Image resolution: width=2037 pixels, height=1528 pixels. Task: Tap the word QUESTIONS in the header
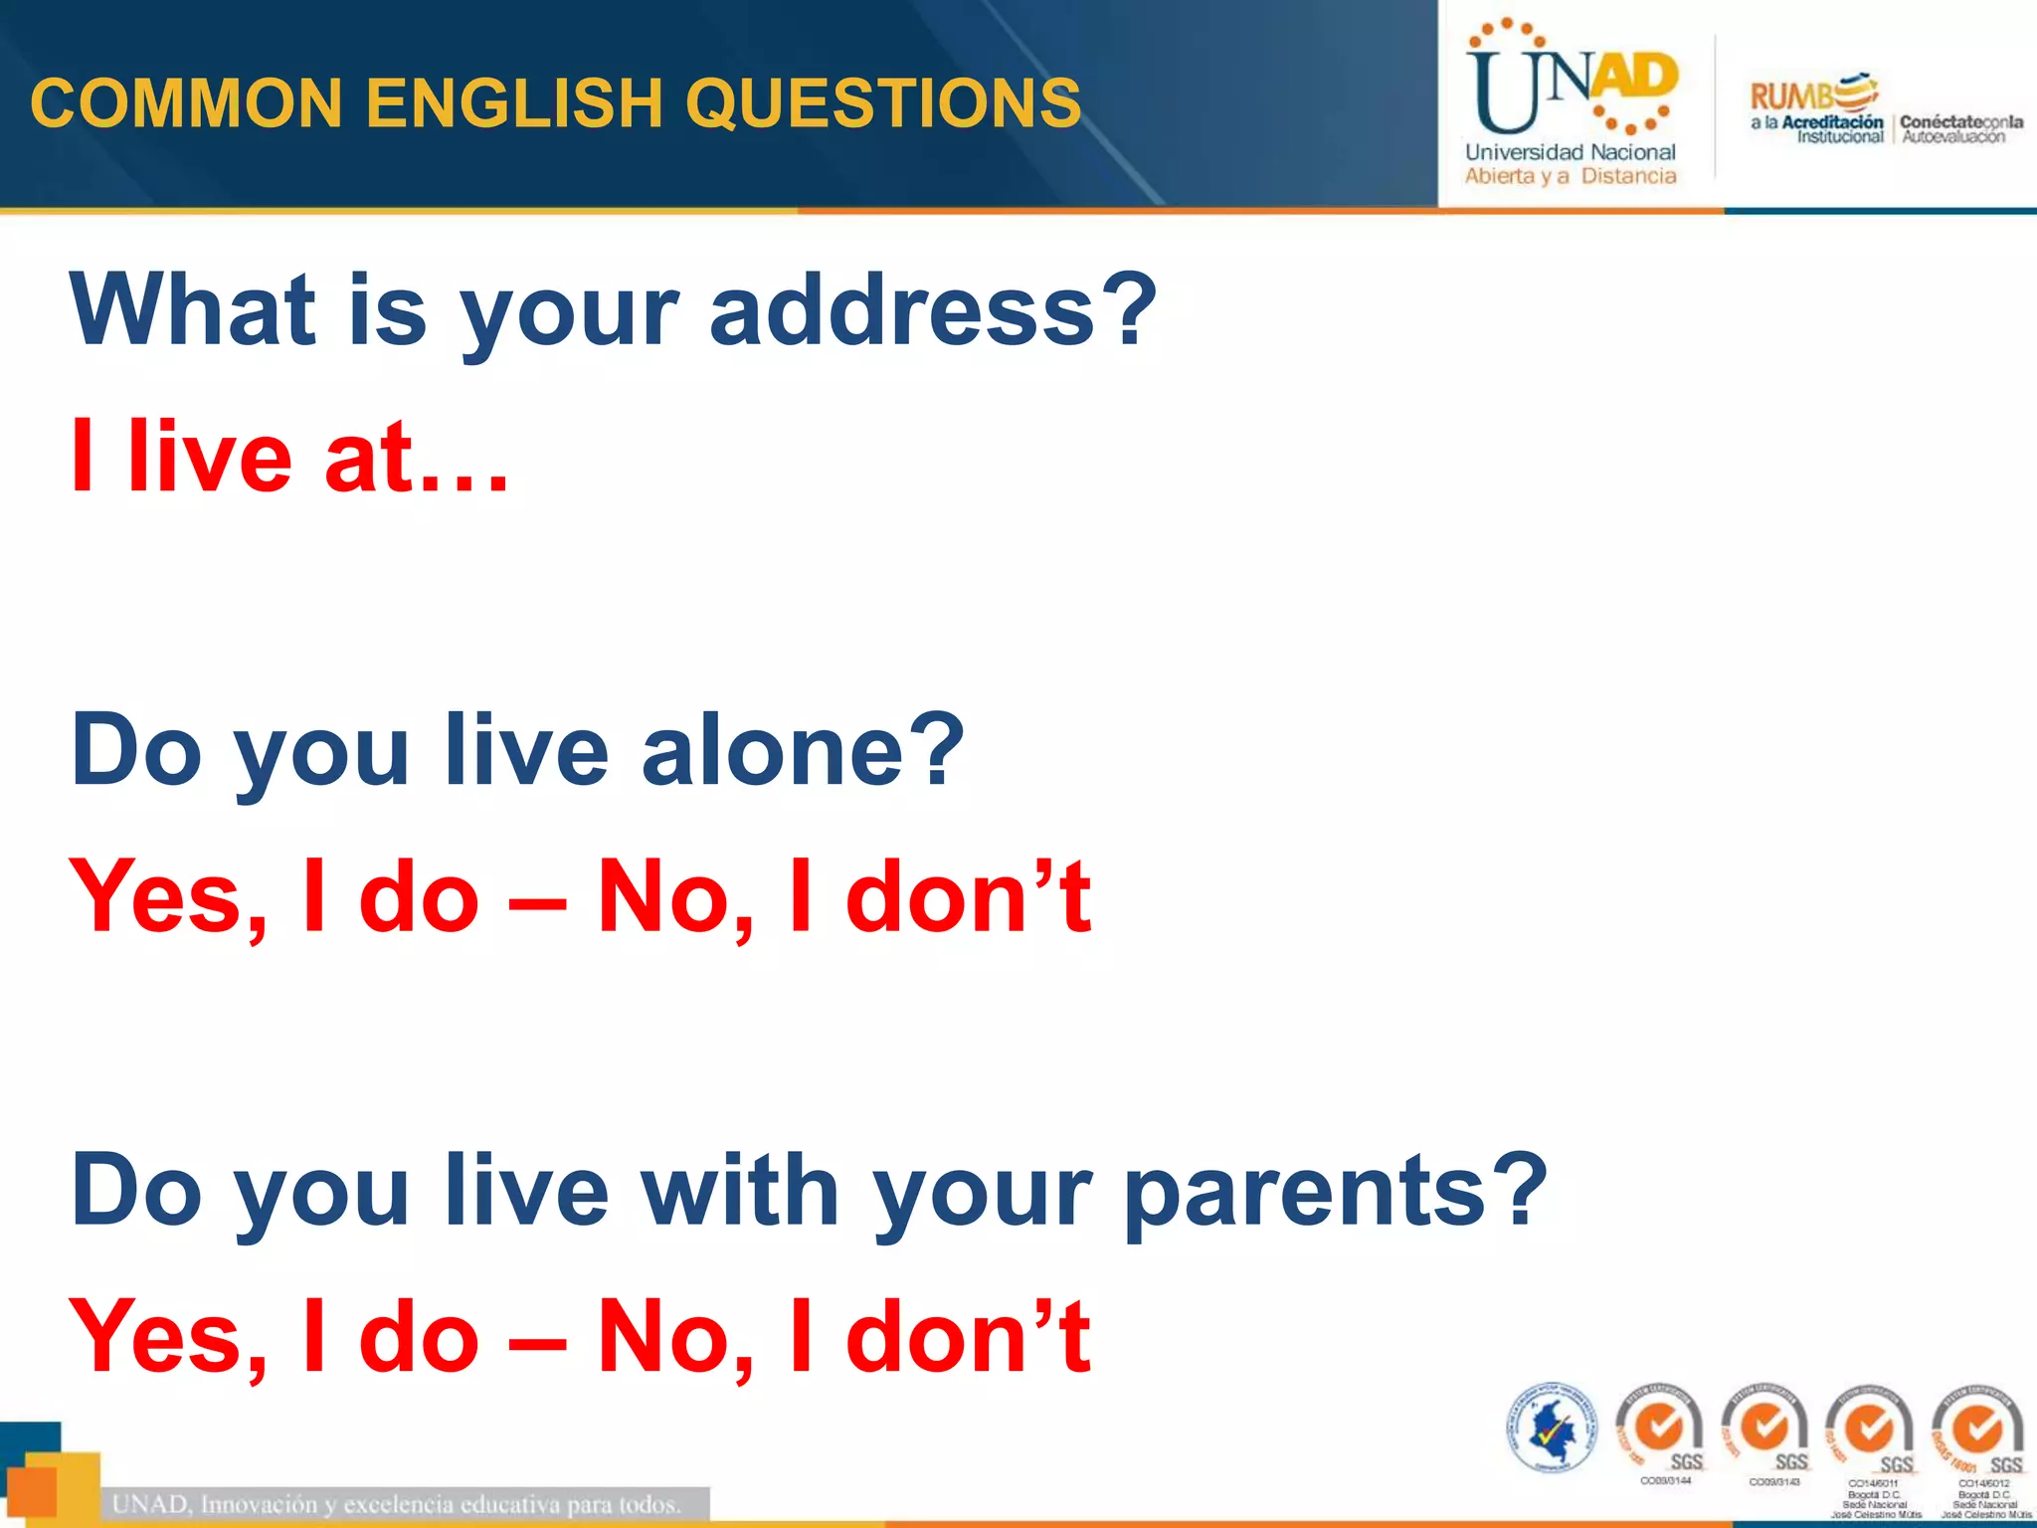(882, 102)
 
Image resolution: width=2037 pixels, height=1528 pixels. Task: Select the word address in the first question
(902, 310)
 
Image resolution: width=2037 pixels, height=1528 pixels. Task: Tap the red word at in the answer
(368, 458)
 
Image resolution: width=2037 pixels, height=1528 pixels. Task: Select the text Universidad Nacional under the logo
(1571, 152)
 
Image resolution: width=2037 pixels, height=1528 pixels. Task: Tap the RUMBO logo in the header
(1812, 95)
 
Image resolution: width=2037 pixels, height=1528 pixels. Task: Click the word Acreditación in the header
(1832, 122)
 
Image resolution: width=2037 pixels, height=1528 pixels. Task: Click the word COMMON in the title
(187, 102)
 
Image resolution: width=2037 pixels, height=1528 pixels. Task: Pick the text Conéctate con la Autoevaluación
(1959, 129)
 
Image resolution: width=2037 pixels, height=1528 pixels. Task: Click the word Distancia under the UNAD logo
(1628, 176)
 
